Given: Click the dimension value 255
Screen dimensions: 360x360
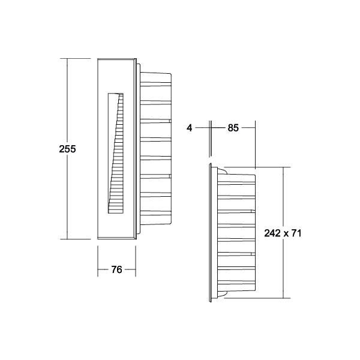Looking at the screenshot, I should (67, 149).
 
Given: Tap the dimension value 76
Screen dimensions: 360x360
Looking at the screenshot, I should (116, 270).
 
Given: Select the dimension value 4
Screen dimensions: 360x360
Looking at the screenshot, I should (190, 128).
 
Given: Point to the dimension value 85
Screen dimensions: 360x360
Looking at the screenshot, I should (233, 128).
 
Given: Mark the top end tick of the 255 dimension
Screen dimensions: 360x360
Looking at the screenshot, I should (67, 58).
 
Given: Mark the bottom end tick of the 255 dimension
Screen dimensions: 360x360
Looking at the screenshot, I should (67, 239).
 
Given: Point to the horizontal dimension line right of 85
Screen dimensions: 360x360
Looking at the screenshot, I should (249, 128).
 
